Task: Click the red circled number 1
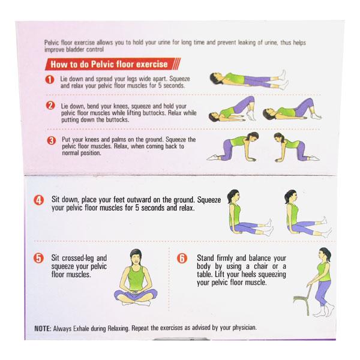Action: point(50,80)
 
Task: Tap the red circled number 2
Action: point(50,106)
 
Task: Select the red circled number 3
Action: point(51,140)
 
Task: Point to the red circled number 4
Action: point(39,200)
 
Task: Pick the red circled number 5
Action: point(38,258)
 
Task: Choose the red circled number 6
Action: point(182,258)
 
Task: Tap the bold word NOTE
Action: point(43,328)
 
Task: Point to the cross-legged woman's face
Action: point(135,259)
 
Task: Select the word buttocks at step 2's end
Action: point(117,119)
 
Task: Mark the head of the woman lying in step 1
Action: point(216,77)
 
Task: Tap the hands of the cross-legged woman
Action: point(136,292)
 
